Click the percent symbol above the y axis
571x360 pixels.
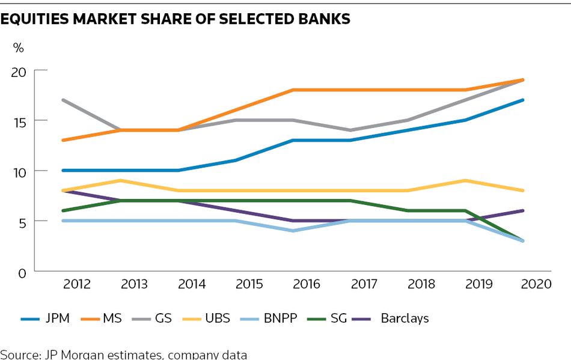coord(19,48)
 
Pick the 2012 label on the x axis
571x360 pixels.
coord(77,284)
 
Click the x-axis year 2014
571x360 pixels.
coord(192,284)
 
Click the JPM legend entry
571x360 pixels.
coord(57,318)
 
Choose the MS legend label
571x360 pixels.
coord(112,318)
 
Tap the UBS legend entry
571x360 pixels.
coord(217,318)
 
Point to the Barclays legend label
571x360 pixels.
coord(405,318)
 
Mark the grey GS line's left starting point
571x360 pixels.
coord(63,100)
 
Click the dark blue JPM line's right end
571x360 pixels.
coord(522,100)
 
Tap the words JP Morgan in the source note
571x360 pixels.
coord(66,354)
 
